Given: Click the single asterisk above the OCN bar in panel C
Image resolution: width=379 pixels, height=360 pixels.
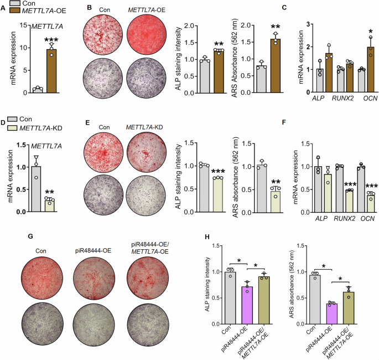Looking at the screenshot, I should [353, 27].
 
